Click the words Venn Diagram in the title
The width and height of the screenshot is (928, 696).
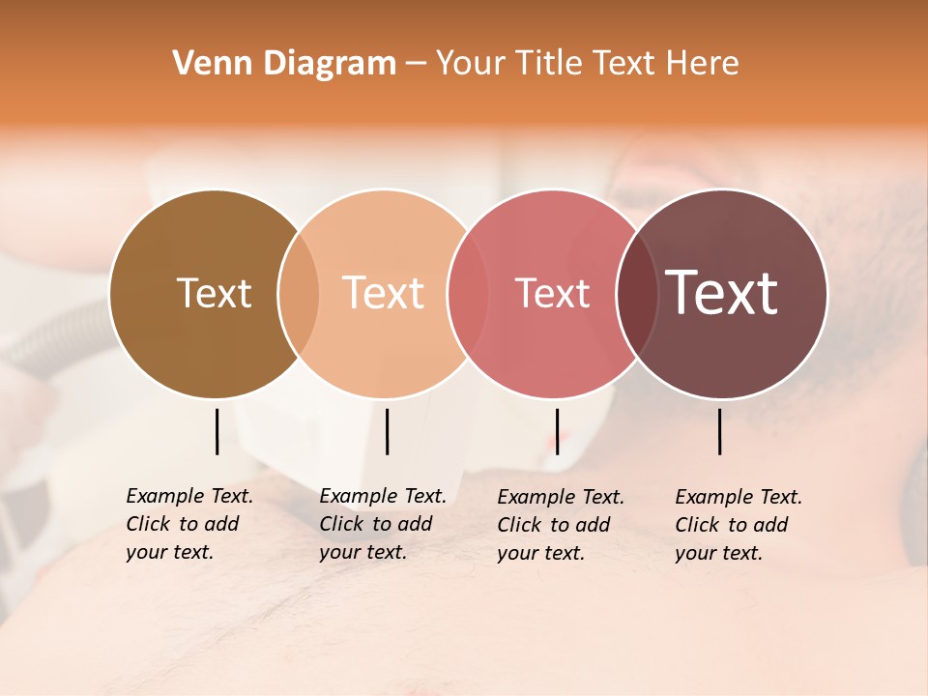tap(284, 64)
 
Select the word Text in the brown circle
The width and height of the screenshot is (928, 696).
tap(214, 294)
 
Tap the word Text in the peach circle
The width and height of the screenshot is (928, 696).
tap(384, 294)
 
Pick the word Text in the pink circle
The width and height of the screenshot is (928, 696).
tap(552, 294)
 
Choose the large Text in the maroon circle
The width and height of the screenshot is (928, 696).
tap(722, 294)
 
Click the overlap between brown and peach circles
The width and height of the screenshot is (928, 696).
tap(299, 294)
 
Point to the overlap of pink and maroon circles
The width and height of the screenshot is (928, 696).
tap(637, 294)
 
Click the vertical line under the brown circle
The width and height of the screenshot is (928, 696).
tap(217, 431)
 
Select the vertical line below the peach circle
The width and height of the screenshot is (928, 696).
tap(387, 431)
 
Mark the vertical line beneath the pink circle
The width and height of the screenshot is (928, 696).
tap(557, 431)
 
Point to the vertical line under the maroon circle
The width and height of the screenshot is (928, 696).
tap(719, 431)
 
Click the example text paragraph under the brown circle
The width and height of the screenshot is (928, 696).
tap(189, 524)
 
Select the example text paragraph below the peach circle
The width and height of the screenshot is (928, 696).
tap(383, 524)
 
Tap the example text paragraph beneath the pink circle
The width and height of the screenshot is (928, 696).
tap(561, 525)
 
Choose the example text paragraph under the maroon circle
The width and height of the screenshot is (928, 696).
tap(739, 525)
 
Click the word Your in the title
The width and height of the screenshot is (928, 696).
tap(471, 64)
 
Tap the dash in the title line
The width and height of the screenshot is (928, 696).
tap(416, 65)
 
